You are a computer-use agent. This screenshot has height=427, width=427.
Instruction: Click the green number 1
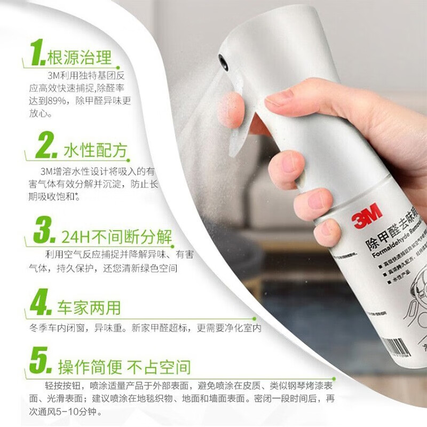(37, 52)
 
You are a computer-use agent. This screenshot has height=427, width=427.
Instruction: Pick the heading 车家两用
(89, 307)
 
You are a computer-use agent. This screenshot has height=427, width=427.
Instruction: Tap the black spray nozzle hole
(224, 62)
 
